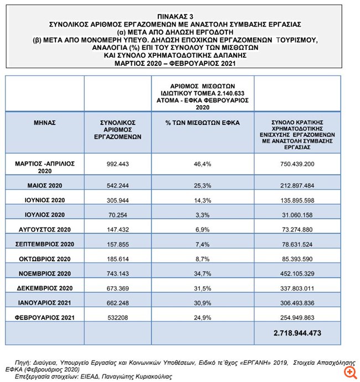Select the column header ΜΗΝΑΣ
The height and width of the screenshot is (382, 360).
click(44, 122)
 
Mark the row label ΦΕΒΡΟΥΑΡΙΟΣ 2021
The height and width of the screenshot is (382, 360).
click(44, 317)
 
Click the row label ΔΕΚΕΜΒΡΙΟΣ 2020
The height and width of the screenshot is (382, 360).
click(44, 288)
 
